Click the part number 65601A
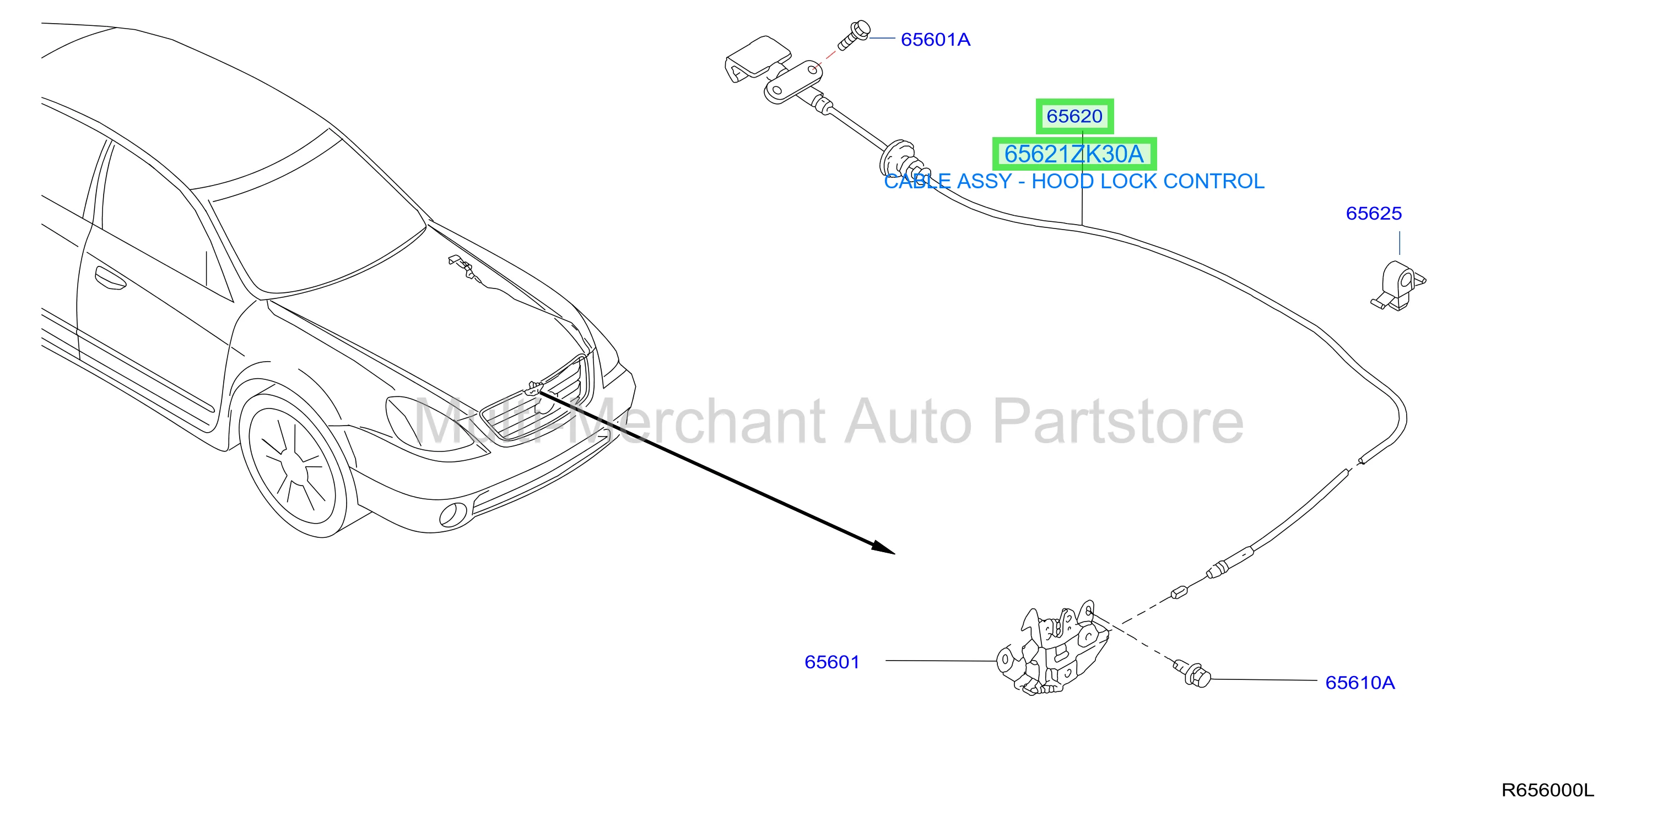(x=935, y=40)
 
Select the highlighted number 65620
(x=1074, y=116)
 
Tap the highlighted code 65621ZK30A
(x=1074, y=154)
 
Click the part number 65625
(x=1374, y=214)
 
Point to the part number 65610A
(x=1360, y=683)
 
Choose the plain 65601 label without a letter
(x=831, y=662)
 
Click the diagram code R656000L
(x=1547, y=790)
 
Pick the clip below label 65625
(x=1398, y=286)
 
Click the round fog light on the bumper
(x=452, y=514)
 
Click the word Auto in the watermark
(x=908, y=422)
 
